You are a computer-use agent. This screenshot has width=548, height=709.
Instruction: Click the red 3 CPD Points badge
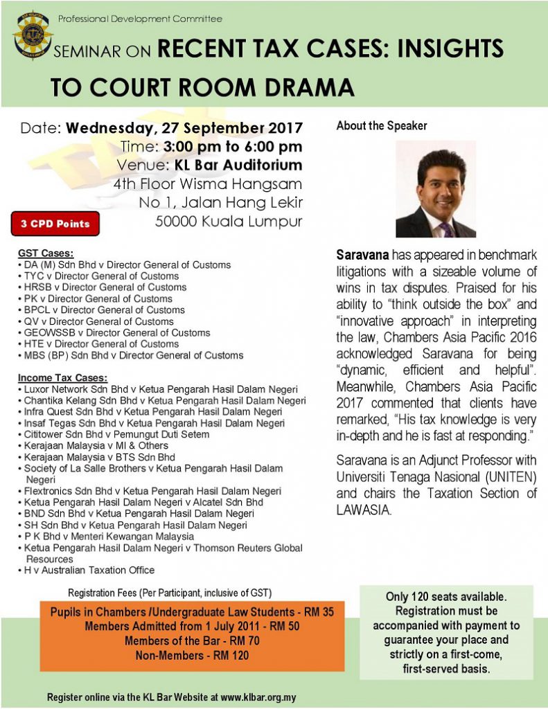pyautogui.click(x=55, y=224)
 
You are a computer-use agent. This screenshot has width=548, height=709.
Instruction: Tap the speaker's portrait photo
pyautogui.click(x=435, y=190)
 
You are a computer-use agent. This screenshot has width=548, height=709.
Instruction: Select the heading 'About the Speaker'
pyautogui.click(x=382, y=126)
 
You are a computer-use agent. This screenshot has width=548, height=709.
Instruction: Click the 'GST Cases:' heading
pyautogui.click(x=46, y=254)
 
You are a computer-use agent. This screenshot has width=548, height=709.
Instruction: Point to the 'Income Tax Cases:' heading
pyautogui.click(x=62, y=378)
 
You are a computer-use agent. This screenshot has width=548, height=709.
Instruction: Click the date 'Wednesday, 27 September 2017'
pyautogui.click(x=184, y=128)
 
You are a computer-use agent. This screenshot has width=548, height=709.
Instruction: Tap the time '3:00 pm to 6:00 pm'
pyautogui.click(x=233, y=147)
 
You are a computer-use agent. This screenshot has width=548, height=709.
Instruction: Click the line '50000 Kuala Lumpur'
pyautogui.click(x=228, y=222)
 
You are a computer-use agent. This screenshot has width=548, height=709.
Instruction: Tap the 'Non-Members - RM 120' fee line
pyautogui.click(x=193, y=654)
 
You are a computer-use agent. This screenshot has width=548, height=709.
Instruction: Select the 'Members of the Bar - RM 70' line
pyautogui.click(x=192, y=640)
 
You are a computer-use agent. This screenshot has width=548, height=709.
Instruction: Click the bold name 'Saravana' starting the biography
pyautogui.click(x=361, y=255)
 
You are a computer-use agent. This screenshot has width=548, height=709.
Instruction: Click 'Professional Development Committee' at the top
pyautogui.click(x=140, y=19)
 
